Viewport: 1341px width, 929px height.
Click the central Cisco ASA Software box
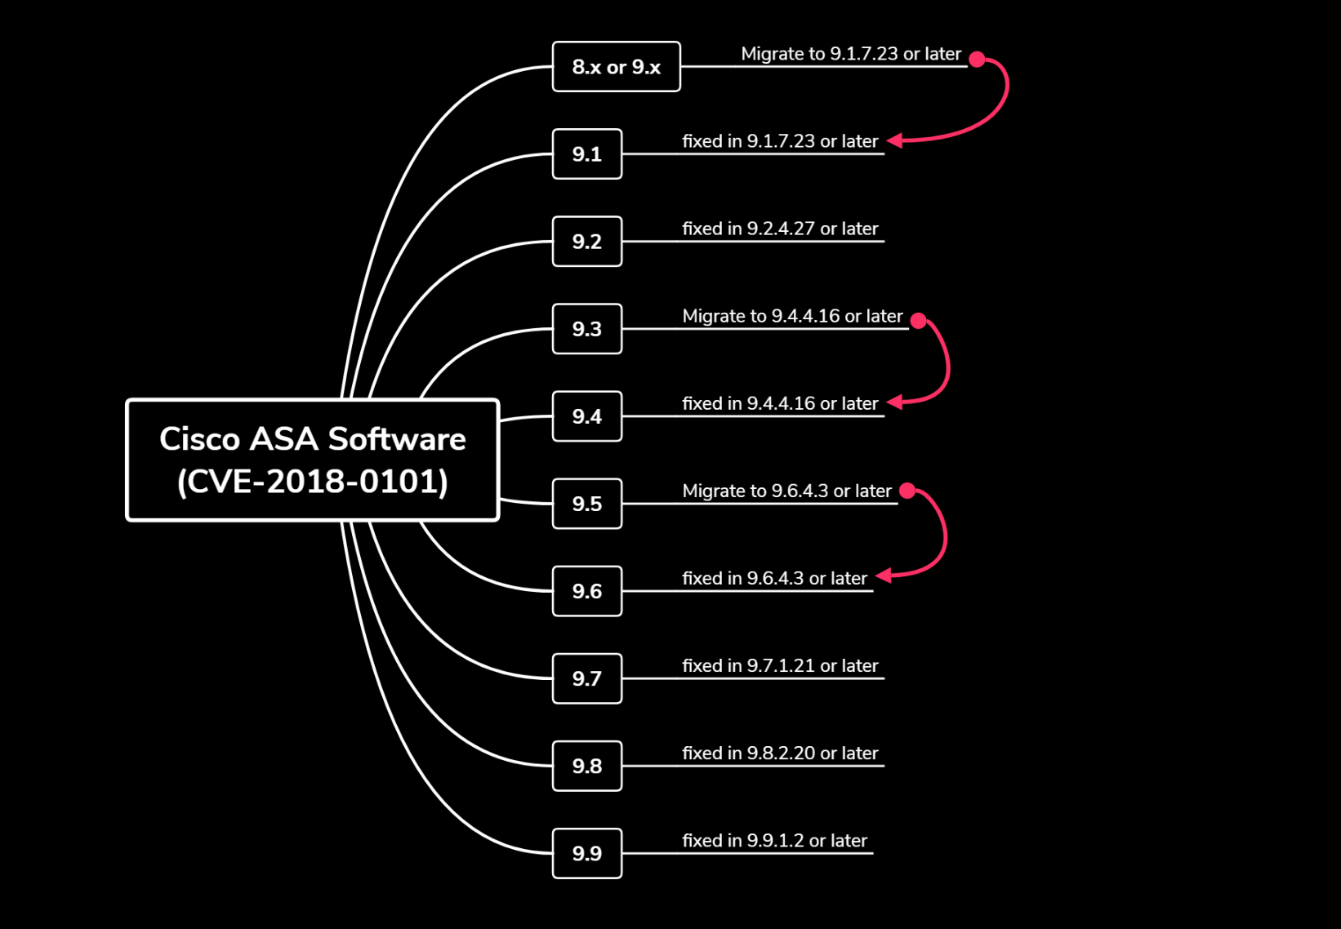312,460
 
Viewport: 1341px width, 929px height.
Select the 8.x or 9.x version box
616,67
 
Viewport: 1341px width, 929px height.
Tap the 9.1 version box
586,154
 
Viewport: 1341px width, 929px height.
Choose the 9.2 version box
586,242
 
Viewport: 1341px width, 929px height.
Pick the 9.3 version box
586,329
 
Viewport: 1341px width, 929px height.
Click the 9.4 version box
586,416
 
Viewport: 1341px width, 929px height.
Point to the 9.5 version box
586,504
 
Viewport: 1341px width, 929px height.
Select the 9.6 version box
586,591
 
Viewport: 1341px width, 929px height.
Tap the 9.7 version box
586,678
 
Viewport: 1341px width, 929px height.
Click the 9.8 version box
586,766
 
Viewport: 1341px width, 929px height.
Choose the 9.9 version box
586,853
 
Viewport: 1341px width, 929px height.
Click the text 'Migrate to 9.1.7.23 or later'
850,54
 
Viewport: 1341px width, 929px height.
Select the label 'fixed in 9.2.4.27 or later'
780,229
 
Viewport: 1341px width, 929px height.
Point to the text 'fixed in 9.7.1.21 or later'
780,665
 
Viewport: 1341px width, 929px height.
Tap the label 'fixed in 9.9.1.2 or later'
774,840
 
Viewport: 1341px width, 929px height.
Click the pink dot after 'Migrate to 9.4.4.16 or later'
919,320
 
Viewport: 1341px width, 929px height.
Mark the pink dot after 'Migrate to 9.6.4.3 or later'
907,491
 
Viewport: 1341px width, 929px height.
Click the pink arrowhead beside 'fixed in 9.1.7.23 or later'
895,140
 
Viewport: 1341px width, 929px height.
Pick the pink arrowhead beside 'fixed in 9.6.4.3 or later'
884,576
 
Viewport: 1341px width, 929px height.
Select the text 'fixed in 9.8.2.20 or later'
780,753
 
